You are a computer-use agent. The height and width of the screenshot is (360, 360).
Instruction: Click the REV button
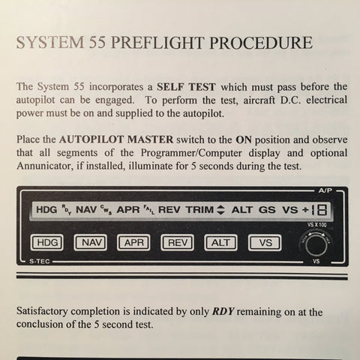[x=178, y=243]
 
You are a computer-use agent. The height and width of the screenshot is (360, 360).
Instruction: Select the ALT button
[x=221, y=243]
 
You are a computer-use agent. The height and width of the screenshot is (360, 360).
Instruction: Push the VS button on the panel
[x=265, y=243]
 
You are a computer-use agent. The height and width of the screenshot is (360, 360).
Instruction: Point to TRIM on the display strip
[x=198, y=211]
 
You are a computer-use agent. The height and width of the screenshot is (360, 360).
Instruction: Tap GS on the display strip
[x=267, y=211]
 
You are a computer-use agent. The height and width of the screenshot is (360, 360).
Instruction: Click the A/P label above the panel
[x=324, y=191]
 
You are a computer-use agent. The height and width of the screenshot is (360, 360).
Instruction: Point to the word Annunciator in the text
[x=49, y=166]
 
